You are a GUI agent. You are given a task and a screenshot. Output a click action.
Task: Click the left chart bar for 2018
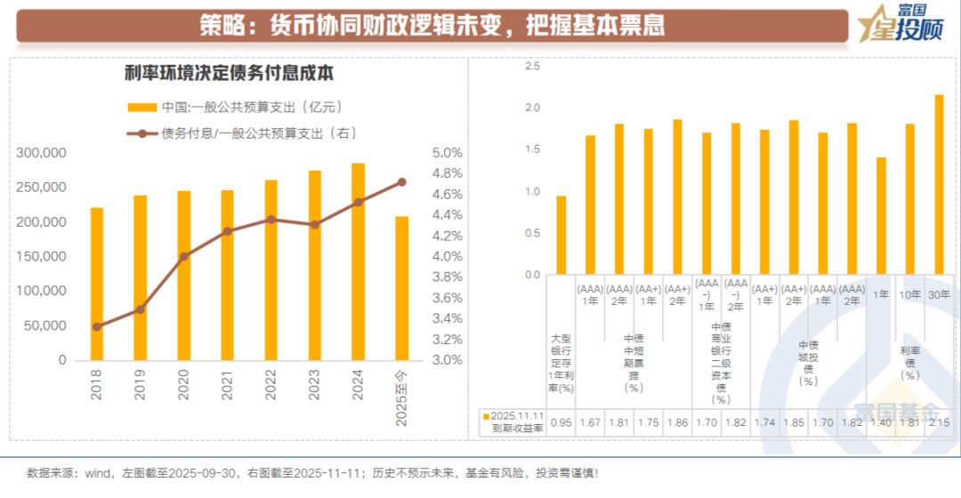point(97,284)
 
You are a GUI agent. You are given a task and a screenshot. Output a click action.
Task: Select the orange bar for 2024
point(358,261)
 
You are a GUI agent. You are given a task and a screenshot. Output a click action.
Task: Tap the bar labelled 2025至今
point(401,288)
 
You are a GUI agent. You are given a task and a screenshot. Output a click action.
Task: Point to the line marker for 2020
point(184,256)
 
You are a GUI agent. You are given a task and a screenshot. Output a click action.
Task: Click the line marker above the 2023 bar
point(314,225)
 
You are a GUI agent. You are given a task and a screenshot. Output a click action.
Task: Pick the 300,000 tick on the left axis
point(42,153)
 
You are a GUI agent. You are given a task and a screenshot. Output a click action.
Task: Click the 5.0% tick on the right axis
point(447,153)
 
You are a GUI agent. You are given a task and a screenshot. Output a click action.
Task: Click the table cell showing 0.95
point(561,422)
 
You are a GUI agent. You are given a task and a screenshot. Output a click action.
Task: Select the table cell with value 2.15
point(938,422)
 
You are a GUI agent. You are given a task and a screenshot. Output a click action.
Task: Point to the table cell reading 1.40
point(880,422)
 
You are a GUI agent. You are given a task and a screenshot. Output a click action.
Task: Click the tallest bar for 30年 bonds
point(938,185)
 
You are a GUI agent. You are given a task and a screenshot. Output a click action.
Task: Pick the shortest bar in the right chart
point(561,235)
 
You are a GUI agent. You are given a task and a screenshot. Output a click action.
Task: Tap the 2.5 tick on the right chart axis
point(532,67)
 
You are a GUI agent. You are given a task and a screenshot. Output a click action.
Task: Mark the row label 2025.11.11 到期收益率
point(514,422)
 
